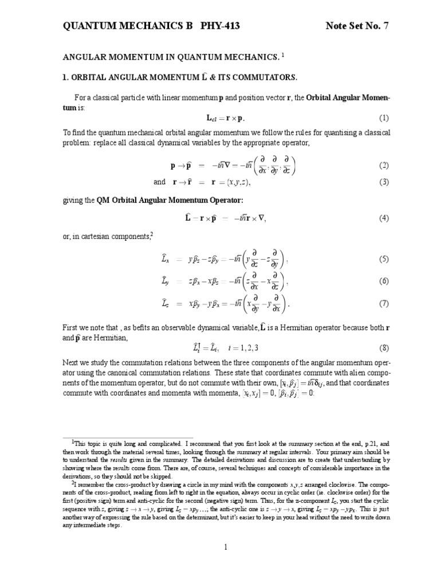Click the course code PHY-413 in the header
[x=217, y=26]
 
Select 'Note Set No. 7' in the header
[x=360, y=26]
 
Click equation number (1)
[x=383, y=119]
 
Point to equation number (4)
[x=383, y=218]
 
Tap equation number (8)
[x=383, y=348]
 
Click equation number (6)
[x=383, y=281]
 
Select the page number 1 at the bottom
[x=226, y=547]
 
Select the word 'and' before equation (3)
[x=159, y=182]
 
